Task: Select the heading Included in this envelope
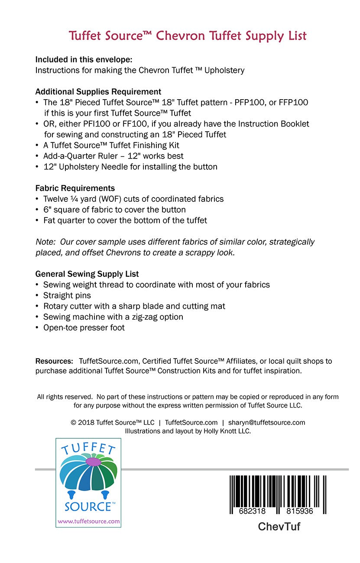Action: coord(84,59)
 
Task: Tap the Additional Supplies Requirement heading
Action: coord(98,92)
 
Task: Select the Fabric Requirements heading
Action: coord(75,188)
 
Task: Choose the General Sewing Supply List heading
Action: coord(87,274)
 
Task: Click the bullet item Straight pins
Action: coord(67,295)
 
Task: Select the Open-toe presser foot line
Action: coord(84,328)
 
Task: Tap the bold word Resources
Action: coord(54,361)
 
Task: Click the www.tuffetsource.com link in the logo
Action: coord(88,521)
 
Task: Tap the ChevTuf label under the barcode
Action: coord(279,527)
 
